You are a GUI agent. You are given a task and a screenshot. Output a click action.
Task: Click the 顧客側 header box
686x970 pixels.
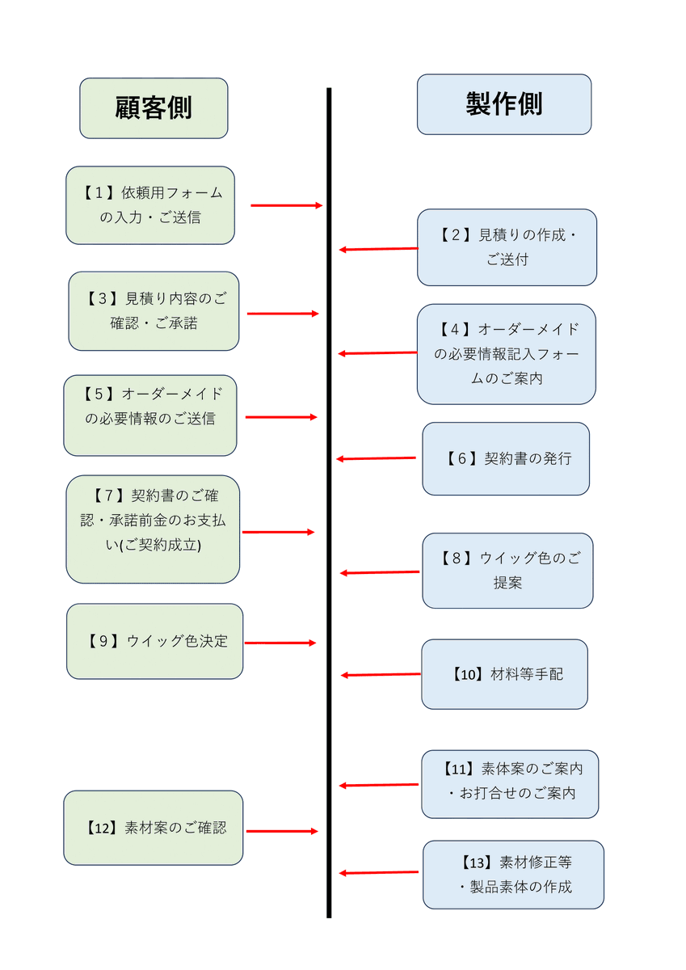coord(154,108)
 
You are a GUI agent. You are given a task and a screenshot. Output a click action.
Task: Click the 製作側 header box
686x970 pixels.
coord(504,104)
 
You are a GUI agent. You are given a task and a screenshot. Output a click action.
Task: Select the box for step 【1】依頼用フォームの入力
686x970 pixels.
coord(150,205)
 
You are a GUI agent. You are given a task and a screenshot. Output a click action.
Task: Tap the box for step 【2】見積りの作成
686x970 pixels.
coord(507,247)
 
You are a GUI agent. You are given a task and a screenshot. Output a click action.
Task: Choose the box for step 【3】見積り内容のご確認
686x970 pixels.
coord(154,311)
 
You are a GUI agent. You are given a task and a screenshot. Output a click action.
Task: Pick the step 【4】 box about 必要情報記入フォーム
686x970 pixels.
coord(507,354)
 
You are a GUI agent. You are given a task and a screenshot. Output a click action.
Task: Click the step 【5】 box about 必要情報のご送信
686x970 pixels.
coord(150,415)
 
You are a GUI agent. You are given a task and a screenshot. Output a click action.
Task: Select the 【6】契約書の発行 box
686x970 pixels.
coord(506,458)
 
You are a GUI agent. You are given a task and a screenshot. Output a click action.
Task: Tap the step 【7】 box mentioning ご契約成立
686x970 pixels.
coord(153,529)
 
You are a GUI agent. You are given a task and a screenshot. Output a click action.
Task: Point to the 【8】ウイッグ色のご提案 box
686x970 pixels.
coord(507,571)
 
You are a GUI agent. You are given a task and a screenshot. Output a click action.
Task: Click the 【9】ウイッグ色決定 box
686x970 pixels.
coord(154,641)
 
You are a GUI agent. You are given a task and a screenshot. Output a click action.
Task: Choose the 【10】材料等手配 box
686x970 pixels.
coord(504,674)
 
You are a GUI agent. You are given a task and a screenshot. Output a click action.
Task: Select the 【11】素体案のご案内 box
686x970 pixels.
coord(510,783)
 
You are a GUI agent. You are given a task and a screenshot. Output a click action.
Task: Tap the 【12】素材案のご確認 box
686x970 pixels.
coord(154,828)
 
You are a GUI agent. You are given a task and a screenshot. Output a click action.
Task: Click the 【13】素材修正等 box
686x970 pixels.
coord(513,875)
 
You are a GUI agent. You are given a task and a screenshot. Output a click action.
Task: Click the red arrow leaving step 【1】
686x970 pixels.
coord(286,205)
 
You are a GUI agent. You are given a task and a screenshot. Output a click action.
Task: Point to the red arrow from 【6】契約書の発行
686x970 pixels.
coord(377,458)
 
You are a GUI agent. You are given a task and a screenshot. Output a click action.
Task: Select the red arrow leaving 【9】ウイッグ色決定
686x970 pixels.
coord(280,643)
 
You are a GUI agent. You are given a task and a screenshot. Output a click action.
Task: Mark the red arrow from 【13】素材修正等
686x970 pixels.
coord(379,873)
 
